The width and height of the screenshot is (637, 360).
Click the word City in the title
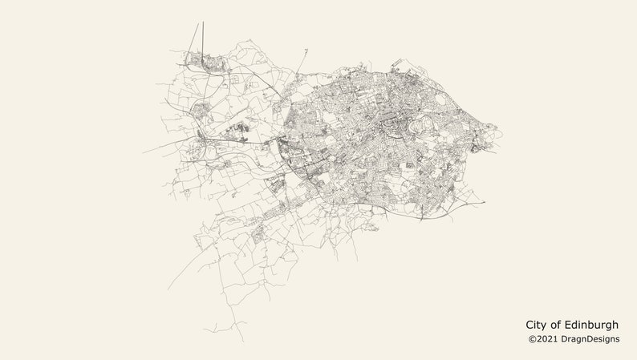click(537, 325)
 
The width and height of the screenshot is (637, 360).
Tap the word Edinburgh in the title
click(592, 325)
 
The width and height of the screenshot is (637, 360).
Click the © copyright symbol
click(531, 339)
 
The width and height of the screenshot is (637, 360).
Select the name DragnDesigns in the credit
click(590, 339)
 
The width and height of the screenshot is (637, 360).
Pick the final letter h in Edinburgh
click(615, 325)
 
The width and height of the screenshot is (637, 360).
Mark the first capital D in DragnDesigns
click(565, 339)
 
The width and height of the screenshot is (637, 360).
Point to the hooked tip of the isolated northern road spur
click(306, 50)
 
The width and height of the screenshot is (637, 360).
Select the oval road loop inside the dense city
click(441, 102)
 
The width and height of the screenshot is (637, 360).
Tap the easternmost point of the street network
click(498, 127)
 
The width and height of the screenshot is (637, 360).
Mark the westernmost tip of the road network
click(144, 152)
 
